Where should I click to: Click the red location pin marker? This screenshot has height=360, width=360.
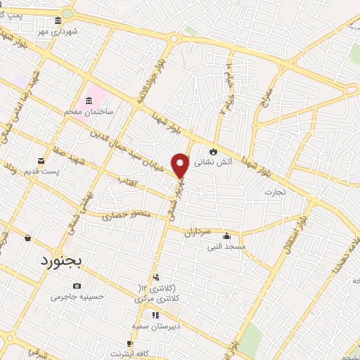[x=181, y=165]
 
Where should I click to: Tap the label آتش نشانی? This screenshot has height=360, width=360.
[x=210, y=161]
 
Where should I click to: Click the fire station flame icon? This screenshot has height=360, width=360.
[x=212, y=150]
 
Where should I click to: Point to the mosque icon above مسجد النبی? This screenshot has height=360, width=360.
[x=225, y=236]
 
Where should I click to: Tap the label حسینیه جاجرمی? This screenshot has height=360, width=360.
[x=77, y=297]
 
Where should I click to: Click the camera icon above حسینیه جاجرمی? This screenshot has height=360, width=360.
[x=77, y=286]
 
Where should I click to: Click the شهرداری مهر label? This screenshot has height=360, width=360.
[x=61, y=31]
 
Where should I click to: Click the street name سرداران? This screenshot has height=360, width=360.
[x=198, y=231]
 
